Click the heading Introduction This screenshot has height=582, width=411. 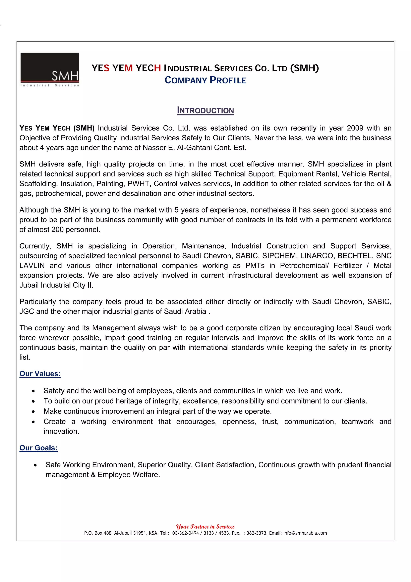205,110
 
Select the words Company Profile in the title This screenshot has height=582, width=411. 205,80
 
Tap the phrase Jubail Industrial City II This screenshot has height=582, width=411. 56,285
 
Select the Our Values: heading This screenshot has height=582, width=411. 40,374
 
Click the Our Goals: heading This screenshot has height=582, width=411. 39,448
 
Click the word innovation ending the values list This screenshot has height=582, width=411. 61,431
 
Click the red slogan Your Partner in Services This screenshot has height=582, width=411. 205,527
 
